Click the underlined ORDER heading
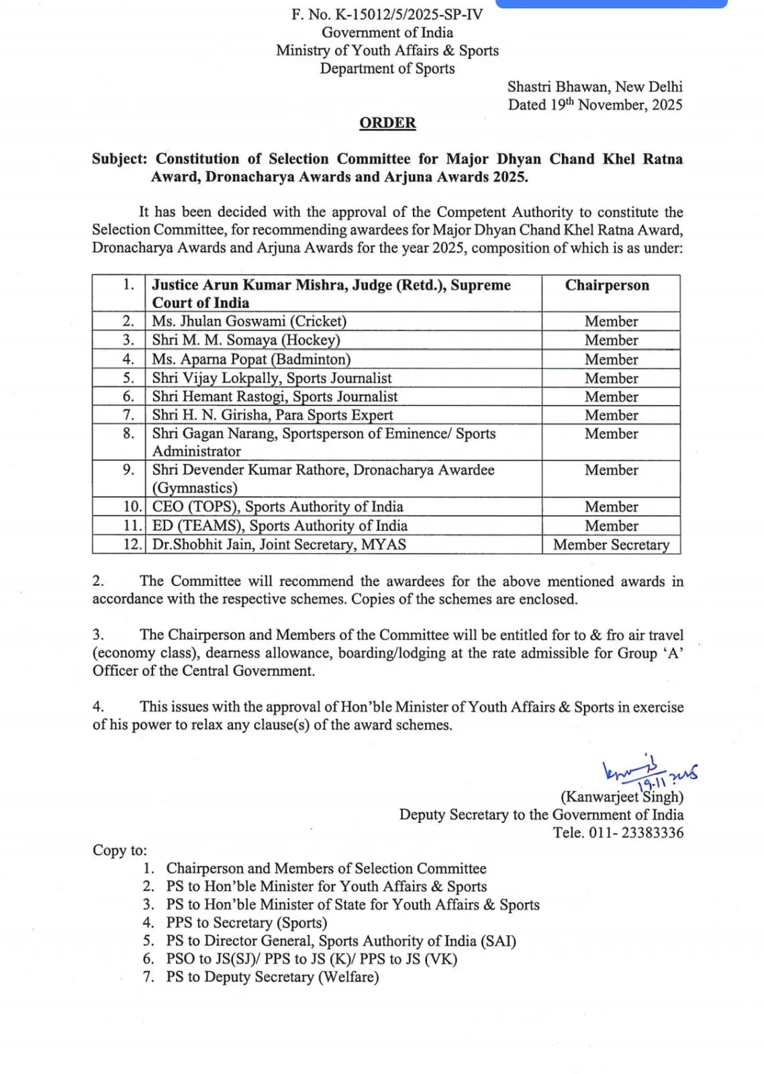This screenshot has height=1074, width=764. click(387, 123)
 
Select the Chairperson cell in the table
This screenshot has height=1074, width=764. click(607, 285)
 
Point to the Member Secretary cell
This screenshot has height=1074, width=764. click(611, 545)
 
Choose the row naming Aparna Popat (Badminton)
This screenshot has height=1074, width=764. click(251, 360)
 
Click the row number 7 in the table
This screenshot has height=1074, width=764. click(128, 415)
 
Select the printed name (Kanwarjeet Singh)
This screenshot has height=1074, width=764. click(622, 797)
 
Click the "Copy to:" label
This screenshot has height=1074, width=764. click(120, 850)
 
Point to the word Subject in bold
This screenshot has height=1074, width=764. click(119, 159)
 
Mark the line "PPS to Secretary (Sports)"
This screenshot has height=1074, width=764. click(246, 923)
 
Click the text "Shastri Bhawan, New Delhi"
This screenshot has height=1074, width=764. click(595, 87)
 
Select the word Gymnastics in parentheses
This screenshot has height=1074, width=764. click(195, 488)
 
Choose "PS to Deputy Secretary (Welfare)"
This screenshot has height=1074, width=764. click(273, 977)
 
